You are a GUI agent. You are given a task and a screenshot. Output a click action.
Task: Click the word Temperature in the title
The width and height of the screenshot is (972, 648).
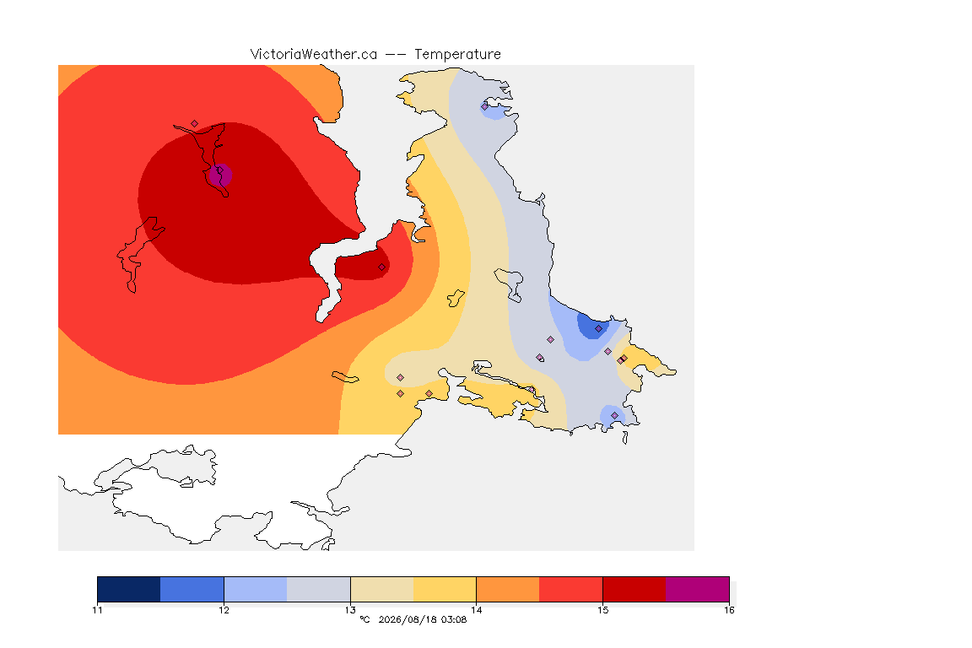[457, 55]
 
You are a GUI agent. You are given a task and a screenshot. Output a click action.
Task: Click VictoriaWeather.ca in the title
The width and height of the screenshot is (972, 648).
[314, 55]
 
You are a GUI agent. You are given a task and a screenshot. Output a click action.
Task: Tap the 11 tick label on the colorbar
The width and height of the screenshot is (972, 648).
[97, 610]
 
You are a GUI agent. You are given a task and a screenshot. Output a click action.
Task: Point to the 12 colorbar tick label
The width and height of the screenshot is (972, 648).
[224, 610]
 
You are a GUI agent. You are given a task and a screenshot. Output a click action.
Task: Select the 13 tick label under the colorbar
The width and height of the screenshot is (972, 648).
[350, 610]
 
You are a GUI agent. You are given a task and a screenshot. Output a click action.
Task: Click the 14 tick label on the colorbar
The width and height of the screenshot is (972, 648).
[476, 610]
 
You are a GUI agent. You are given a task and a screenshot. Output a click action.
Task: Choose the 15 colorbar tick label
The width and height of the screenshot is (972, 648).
[602, 610]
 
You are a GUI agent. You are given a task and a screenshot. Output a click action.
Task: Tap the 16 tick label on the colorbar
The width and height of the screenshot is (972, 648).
[729, 610]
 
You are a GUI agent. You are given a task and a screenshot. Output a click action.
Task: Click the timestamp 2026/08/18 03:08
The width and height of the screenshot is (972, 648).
[422, 619]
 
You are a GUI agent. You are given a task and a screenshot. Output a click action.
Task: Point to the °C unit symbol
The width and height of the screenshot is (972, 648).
[364, 619]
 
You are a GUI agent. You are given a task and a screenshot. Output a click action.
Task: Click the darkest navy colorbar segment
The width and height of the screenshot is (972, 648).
[129, 589]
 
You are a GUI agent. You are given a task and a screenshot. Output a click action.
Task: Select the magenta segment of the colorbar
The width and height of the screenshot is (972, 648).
[698, 589]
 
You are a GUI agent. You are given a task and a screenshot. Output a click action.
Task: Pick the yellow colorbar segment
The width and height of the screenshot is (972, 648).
[445, 589]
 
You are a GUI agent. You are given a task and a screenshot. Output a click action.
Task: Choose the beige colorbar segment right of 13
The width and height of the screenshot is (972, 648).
[382, 589]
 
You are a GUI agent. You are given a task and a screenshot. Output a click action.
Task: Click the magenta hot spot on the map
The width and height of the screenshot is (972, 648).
[221, 175]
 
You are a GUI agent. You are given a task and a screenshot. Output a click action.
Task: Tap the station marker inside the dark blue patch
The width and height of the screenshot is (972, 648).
[598, 329]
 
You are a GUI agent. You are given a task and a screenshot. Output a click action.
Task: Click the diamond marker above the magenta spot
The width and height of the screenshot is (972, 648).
[195, 124]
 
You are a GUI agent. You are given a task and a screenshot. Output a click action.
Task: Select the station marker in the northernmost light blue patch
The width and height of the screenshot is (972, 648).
[485, 106]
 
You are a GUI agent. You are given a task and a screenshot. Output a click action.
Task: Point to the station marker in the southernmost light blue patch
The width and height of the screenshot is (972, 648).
[614, 415]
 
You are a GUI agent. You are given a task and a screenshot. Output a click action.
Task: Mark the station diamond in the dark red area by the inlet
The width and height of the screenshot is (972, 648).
[382, 267]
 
